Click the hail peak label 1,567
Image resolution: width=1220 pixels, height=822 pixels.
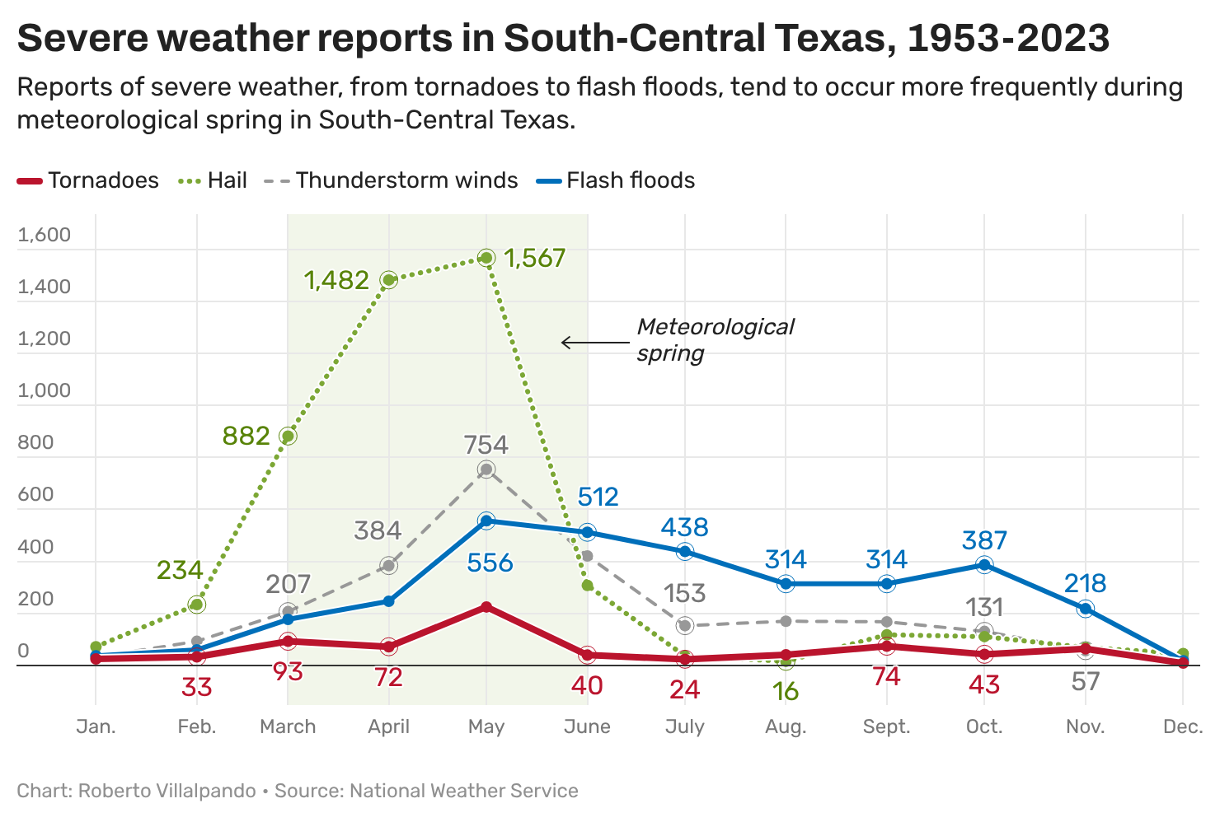pyautogui.click(x=534, y=259)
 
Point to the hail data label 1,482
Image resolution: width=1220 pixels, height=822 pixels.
pyautogui.click(x=336, y=281)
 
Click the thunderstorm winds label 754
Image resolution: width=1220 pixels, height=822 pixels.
pyautogui.click(x=486, y=446)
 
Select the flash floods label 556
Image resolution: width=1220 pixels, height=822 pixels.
pyautogui.click(x=490, y=563)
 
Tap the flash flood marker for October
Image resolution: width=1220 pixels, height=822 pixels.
pyautogui.click(x=984, y=565)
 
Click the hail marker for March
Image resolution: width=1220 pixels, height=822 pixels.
pyautogui.click(x=288, y=437)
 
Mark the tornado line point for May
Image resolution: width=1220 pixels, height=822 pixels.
pyautogui.click(x=486, y=607)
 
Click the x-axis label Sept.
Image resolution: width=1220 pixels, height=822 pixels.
pyautogui.click(x=887, y=726)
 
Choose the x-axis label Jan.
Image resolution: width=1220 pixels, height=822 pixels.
pyautogui.click(x=96, y=726)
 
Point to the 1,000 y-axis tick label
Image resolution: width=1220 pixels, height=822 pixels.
pyautogui.click(x=45, y=390)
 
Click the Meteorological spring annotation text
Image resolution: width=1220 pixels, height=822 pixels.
pyautogui.click(x=714, y=339)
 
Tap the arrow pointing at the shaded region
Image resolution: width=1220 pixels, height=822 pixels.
pyautogui.click(x=594, y=343)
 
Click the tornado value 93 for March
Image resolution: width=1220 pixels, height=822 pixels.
pyautogui.click(x=288, y=672)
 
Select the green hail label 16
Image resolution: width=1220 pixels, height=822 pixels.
pyautogui.click(x=786, y=691)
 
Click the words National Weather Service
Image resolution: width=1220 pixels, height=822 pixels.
pyautogui.click(x=463, y=791)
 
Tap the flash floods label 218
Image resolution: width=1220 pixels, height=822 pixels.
pyautogui.click(x=1085, y=584)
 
